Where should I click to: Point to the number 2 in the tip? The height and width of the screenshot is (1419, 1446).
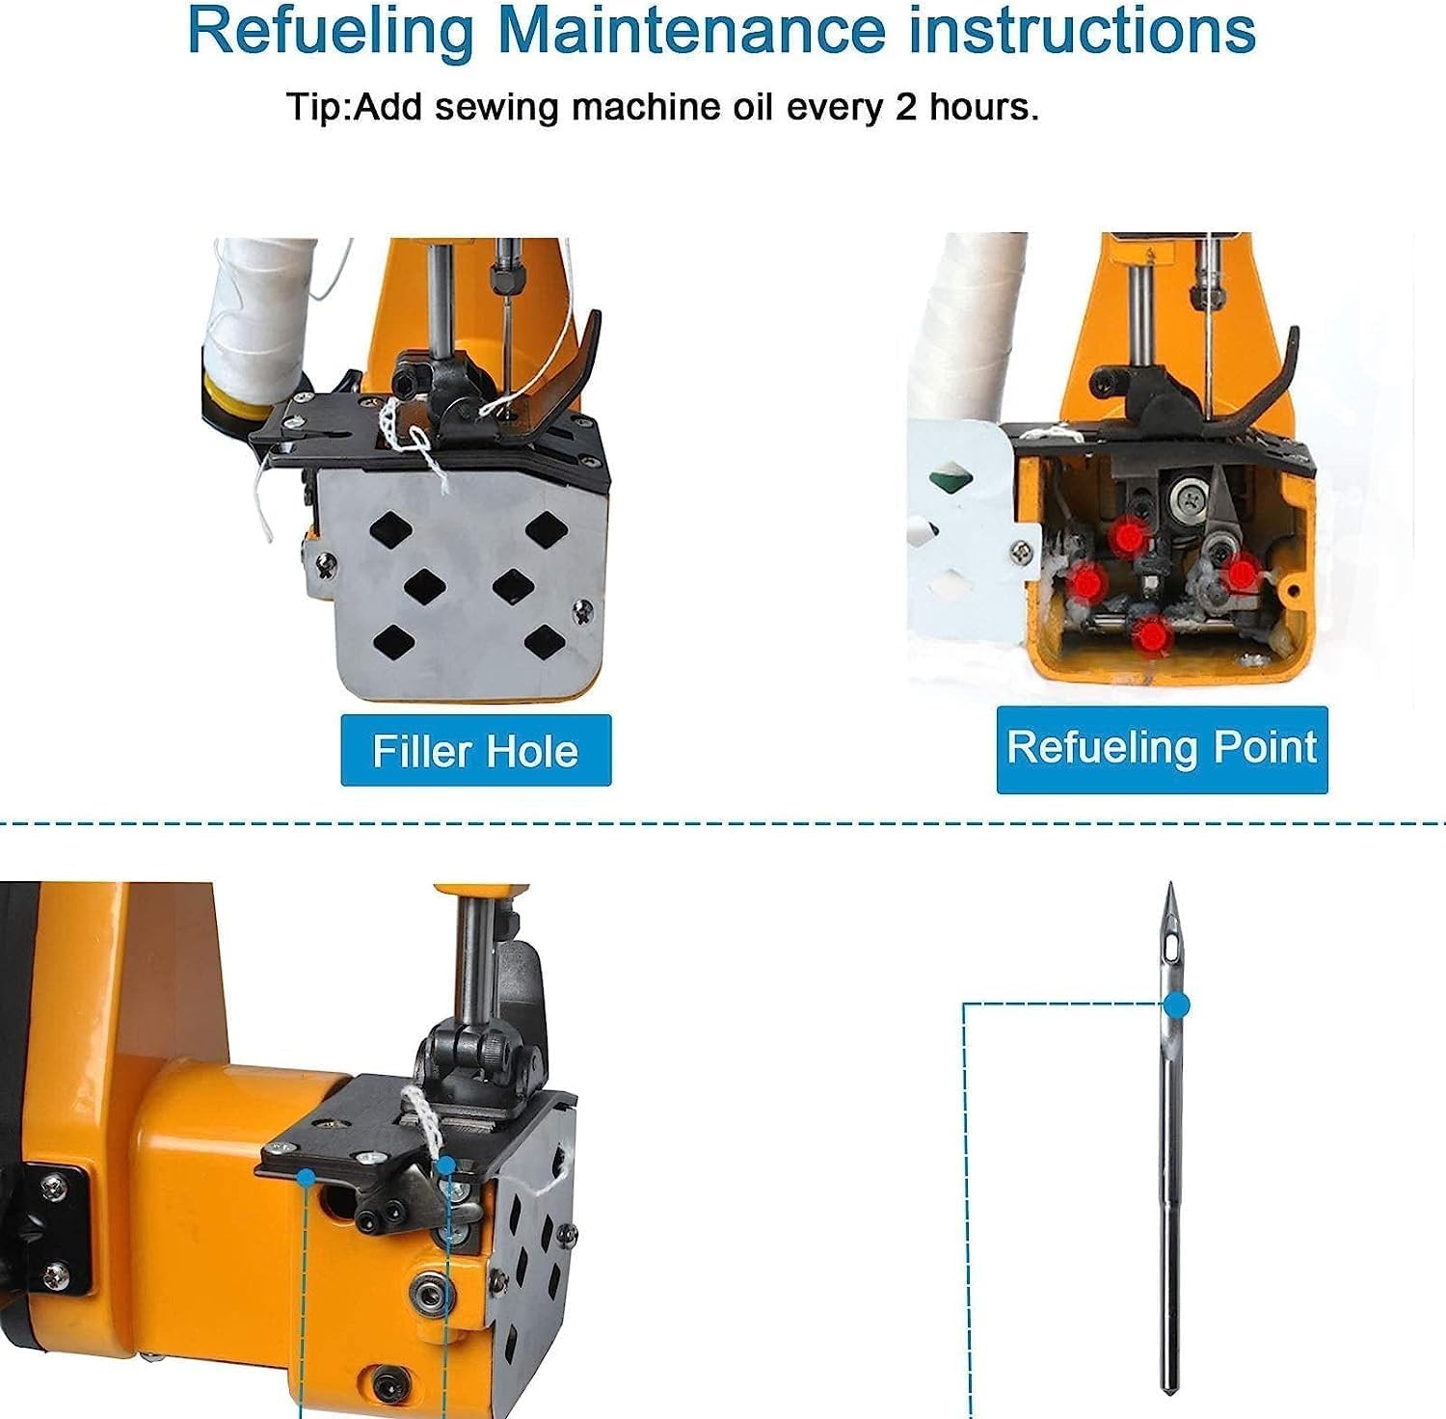click(x=905, y=106)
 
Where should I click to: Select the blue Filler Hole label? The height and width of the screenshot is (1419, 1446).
click(x=476, y=750)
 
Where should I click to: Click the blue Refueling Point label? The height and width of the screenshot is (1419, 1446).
click(x=1162, y=749)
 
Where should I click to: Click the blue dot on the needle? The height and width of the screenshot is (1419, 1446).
click(x=1176, y=1005)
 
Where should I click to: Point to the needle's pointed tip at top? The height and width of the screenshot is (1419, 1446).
click(x=1170, y=883)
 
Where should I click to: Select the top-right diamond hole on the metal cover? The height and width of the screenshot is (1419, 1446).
click(x=547, y=526)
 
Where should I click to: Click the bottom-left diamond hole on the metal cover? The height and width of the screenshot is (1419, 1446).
click(x=393, y=641)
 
